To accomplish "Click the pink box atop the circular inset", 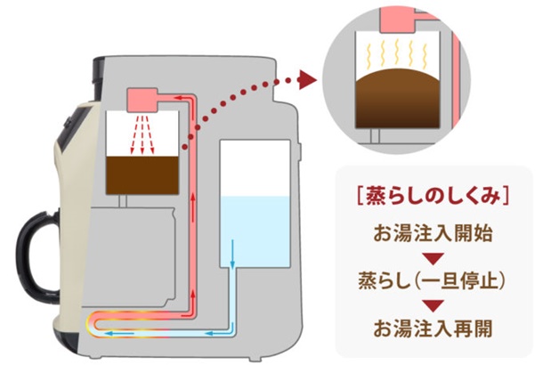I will click(399, 18).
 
